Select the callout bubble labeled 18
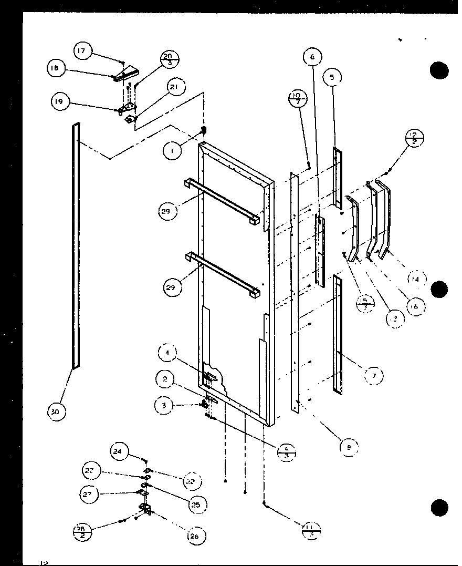click(x=56, y=68)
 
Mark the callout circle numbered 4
click(x=167, y=353)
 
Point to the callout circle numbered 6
click(x=312, y=57)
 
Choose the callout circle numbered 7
click(x=373, y=375)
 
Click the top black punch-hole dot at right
click(x=439, y=70)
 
